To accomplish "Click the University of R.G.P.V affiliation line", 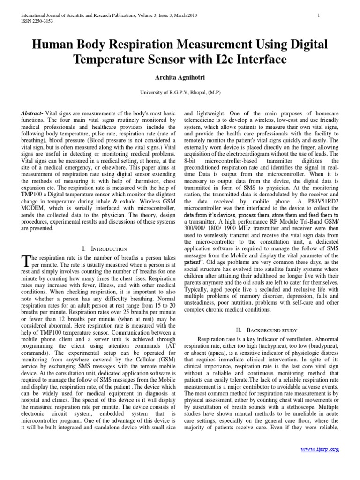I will [180, 92].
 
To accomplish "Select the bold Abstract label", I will [33, 114].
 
